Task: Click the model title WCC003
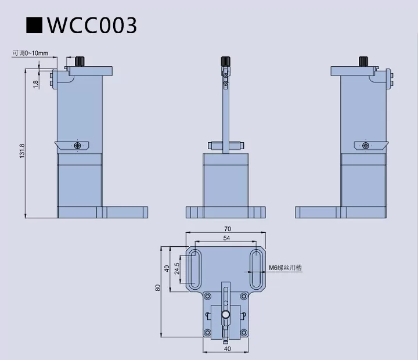pos(92,25)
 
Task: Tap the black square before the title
pos(35,25)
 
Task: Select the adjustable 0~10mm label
pos(31,53)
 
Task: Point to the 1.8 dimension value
pos(35,84)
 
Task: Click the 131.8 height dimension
pos(22,152)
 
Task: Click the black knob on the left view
pos(80,62)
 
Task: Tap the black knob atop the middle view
pos(225,62)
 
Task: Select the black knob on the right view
pos(364,62)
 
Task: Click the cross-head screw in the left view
pos(78,145)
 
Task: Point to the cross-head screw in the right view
pos(365,145)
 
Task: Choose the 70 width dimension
pos(226,229)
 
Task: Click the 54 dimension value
pos(226,239)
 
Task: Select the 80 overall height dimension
pos(157,288)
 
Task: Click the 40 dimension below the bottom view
pos(226,348)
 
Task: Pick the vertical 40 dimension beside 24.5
pos(167,268)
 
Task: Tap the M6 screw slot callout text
pos(285,268)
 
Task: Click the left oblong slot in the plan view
pos(195,269)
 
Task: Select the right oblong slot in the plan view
pos(255,269)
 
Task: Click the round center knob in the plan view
pos(226,314)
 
